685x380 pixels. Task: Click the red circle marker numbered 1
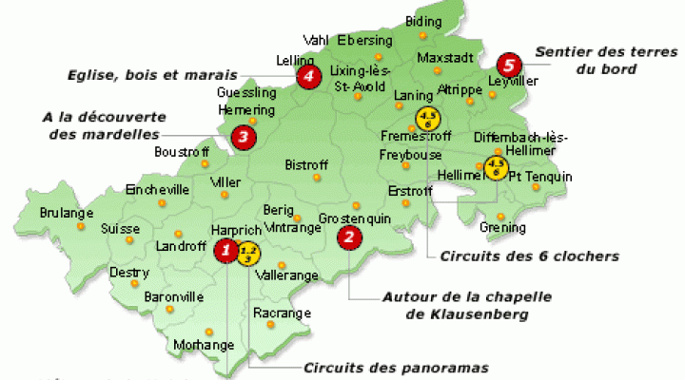[225, 250]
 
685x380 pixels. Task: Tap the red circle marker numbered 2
[350, 237]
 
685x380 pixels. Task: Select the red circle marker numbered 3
[244, 138]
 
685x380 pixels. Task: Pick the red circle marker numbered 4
[307, 78]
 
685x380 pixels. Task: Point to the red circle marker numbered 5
[509, 65]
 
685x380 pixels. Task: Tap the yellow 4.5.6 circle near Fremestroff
[425, 119]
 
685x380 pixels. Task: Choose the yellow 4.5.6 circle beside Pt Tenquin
[495, 168]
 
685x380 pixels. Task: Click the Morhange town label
[204, 344]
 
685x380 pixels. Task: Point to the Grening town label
[502, 228]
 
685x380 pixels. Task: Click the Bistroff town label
[306, 165]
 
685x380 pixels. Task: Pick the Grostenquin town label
[355, 218]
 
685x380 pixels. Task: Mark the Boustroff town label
[181, 152]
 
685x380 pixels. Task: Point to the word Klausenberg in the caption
[476, 313]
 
